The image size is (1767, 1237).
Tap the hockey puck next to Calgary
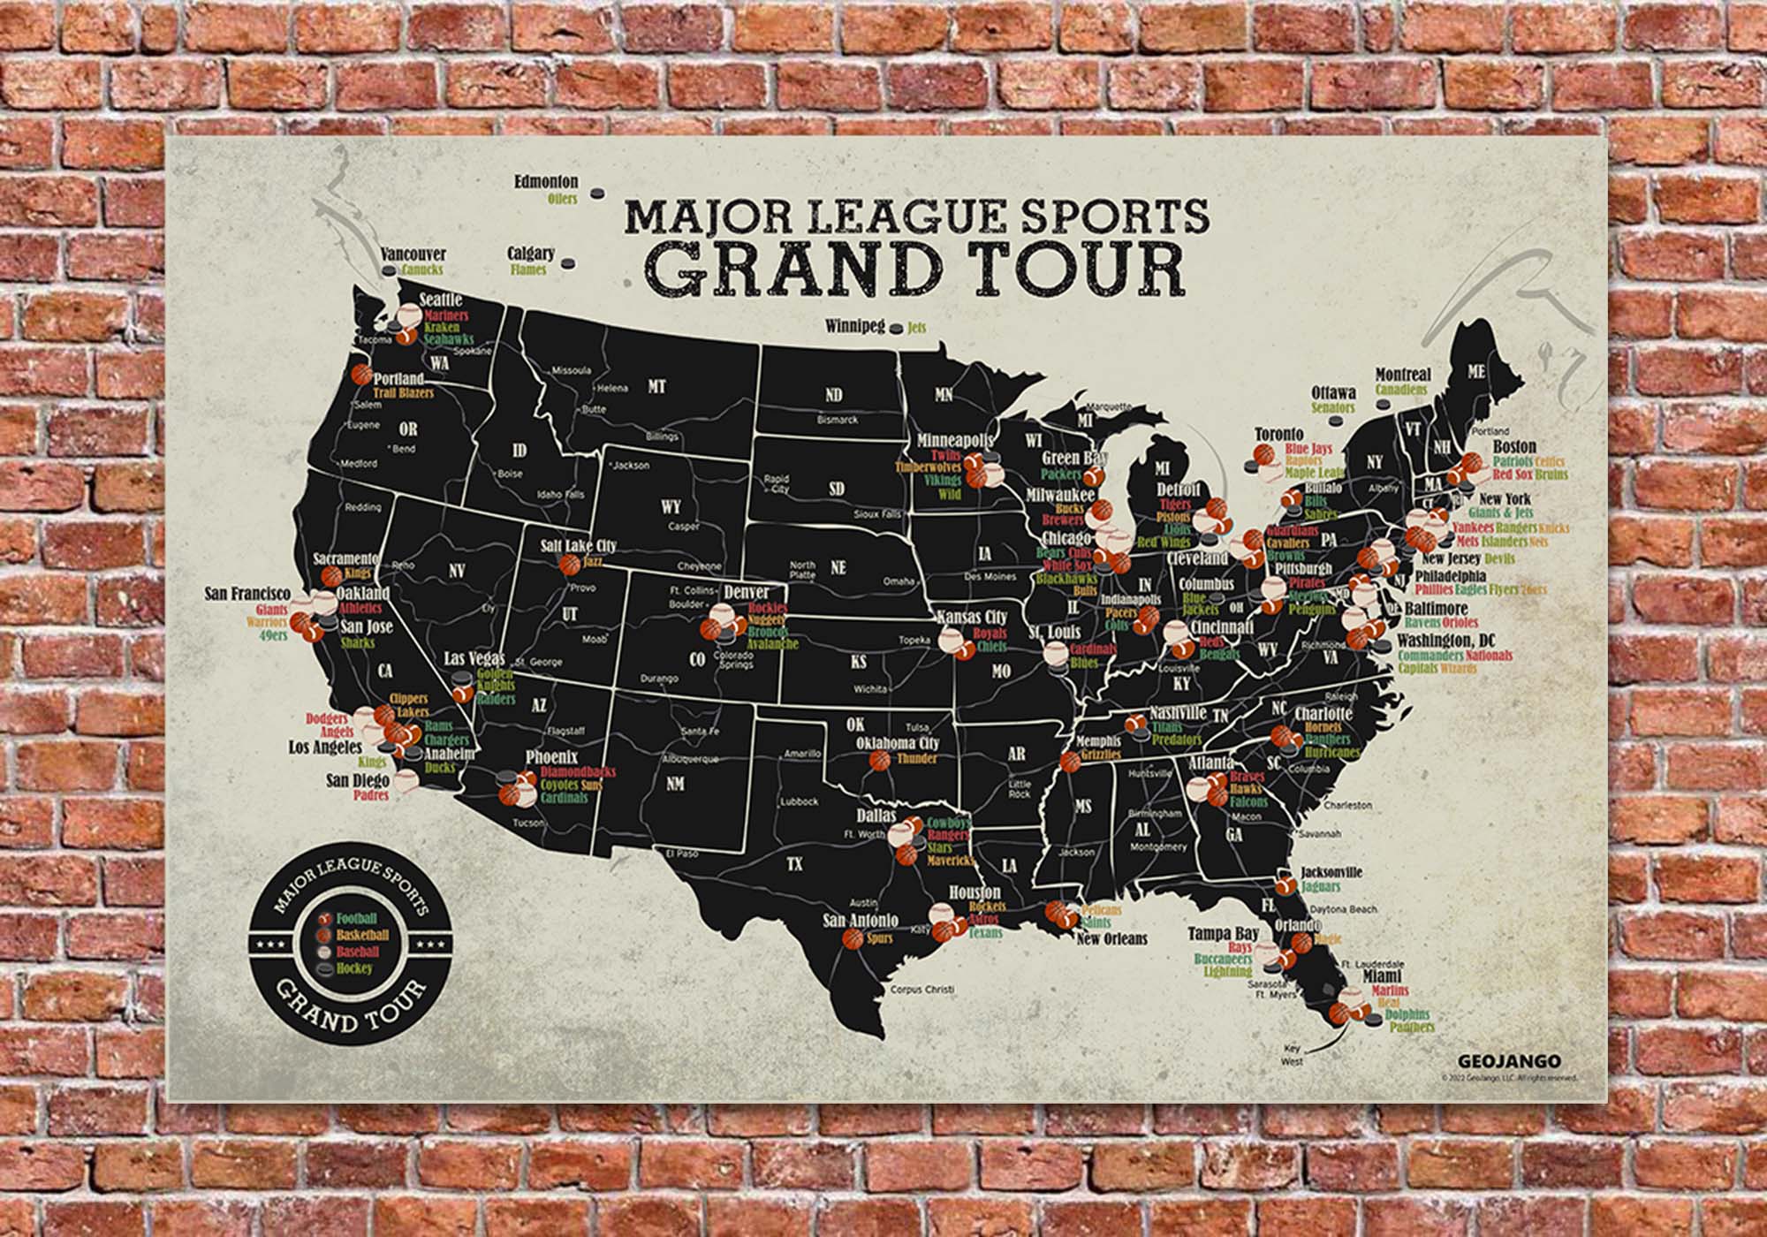[570, 262]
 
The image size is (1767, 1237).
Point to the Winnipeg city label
[854, 326]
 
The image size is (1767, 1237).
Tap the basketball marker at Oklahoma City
[880, 760]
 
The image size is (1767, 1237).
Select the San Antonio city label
[861, 921]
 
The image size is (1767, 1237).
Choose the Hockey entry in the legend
[353, 968]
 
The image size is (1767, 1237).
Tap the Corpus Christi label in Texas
[923, 990]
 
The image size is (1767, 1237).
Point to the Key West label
[1292, 1055]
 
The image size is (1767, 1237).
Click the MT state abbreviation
[656, 387]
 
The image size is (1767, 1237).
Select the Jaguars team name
[1320, 886]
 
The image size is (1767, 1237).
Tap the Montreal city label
[1403, 375]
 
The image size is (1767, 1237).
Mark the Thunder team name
[917, 759]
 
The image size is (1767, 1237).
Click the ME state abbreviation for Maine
[1476, 372]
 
